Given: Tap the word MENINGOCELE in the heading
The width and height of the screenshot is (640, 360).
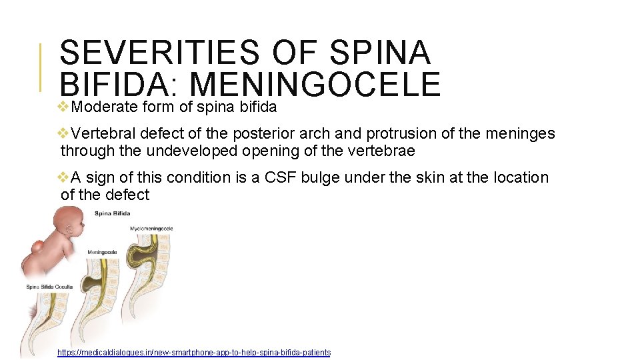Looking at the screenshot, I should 315,85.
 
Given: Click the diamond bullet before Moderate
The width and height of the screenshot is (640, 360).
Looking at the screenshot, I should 64,107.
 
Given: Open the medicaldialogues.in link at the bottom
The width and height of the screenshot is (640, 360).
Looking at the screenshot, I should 194,353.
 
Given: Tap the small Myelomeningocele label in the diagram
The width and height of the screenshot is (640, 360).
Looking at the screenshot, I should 151,229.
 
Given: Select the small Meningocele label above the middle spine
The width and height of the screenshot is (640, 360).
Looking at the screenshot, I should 102,253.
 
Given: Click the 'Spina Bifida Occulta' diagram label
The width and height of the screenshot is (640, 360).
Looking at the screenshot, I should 51,287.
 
